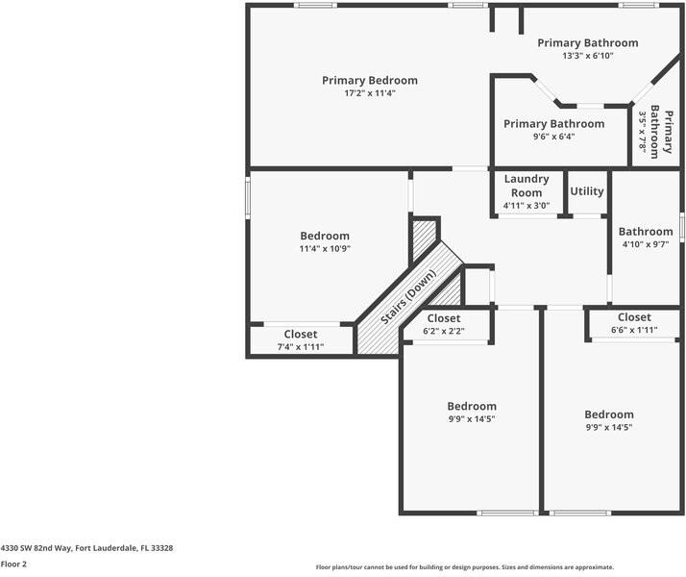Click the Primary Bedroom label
click(370, 80)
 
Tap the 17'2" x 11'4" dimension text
click(370, 93)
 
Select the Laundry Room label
click(527, 186)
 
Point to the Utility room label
click(587, 191)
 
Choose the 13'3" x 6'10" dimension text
click(588, 56)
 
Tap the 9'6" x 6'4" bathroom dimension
click(554, 137)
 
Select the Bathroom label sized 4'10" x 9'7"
click(646, 232)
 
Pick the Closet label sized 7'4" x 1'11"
click(301, 335)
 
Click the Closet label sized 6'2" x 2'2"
click(444, 318)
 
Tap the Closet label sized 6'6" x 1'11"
click(634, 317)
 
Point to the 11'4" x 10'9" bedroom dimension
click(325, 249)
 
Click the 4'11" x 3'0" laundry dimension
click(527, 205)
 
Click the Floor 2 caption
click(13, 564)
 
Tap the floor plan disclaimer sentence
click(465, 567)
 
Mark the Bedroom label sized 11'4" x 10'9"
click(325, 236)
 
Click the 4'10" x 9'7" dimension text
click(646, 245)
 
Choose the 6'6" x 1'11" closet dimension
click(634, 331)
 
